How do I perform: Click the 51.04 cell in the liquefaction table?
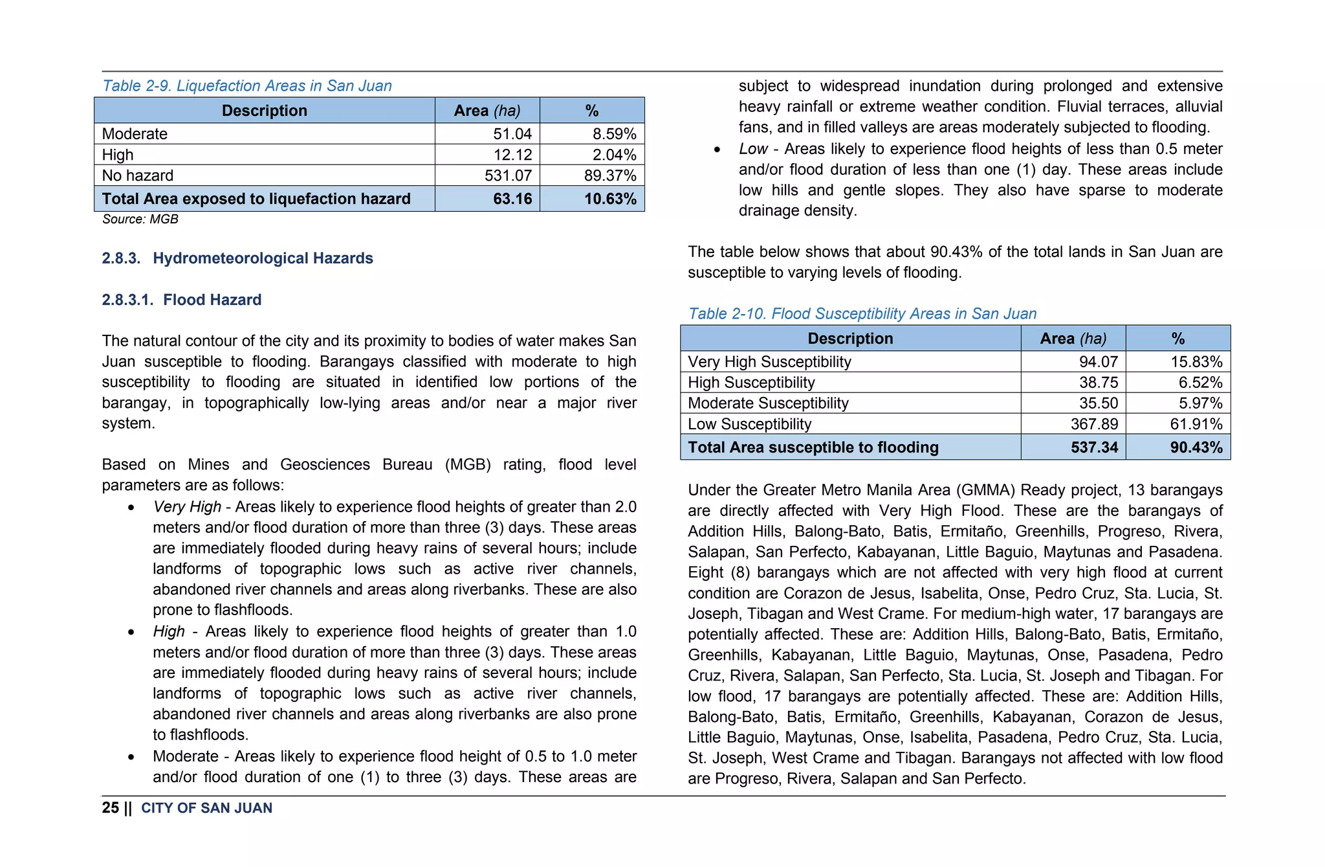pyautogui.click(x=512, y=134)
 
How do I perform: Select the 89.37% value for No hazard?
pyautogui.click(x=609, y=175)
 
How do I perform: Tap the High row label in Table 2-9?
pyautogui.click(x=118, y=155)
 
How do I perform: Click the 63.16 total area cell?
pyautogui.click(x=512, y=199)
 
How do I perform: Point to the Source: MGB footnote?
pyautogui.click(x=140, y=220)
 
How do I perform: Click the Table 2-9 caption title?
pyautogui.click(x=247, y=86)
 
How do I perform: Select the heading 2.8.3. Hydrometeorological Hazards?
pyautogui.click(x=237, y=258)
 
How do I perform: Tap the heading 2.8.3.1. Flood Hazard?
pyautogui.click(x=182, y=300)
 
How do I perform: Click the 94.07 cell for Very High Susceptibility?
pyautogui.click(x=1098, y=362)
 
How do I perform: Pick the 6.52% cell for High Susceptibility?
pyautogui.click(x=1200, y=383)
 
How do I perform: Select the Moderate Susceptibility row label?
pyautogui.click(x=768, y=403)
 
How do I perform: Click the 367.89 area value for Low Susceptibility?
pyautogui.click(x=1094, y=424)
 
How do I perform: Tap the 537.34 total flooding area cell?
pyautogui.click(x=1094, y=447)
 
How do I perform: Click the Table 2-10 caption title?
pyautogui.click(x=862, y=314)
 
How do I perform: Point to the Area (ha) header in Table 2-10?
pyautogui.click(x=1073, y=339)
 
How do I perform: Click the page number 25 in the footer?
pyautogui.click(x=111, y=808)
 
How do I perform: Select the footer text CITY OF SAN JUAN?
pyautogui.click(x=206, y=808)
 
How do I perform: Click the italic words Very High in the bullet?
pyautogui.click(x=187, y=507)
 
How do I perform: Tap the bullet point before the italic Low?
pyautogui.click(x=717, y=150)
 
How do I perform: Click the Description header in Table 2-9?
pyautogui.click(x=264, y=111)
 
